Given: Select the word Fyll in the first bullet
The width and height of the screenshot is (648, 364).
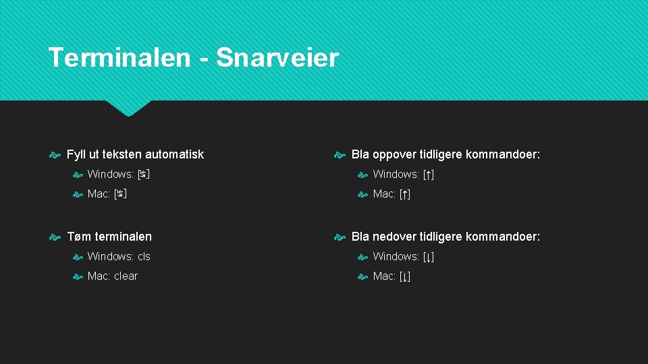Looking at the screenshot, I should coord(76,154).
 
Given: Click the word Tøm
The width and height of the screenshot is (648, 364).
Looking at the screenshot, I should coord(79,237).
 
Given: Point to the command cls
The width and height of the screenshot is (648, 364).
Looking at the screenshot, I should coord(144,257).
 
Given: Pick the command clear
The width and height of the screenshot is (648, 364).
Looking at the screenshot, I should coord(126,276).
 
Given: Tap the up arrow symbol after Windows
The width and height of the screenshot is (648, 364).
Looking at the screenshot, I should coord(429,175).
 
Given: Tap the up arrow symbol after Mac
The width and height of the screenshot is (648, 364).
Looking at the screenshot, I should coord(405,194).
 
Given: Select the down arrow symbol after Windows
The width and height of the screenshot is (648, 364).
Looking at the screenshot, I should coord(429,257).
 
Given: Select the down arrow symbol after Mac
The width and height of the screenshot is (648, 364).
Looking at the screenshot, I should coord(405,276).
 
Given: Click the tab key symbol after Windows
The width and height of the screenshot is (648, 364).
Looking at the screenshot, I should coord(143,175).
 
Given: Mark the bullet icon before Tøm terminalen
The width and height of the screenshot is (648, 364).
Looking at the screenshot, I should coord(55,237).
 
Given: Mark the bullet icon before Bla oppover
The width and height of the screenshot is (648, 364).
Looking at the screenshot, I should coord(340,155).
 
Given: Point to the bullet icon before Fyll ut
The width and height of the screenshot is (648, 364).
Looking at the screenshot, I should coord(55,155).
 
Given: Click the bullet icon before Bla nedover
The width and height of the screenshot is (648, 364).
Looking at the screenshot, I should coord(340,237).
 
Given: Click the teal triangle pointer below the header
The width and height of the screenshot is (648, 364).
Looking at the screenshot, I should coord(129,108).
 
